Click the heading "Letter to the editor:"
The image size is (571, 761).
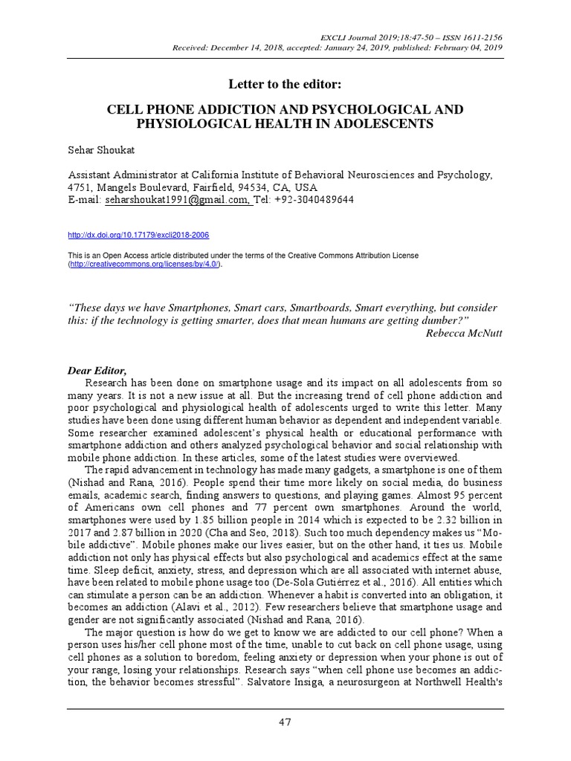285,82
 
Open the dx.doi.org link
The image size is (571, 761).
138,235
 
